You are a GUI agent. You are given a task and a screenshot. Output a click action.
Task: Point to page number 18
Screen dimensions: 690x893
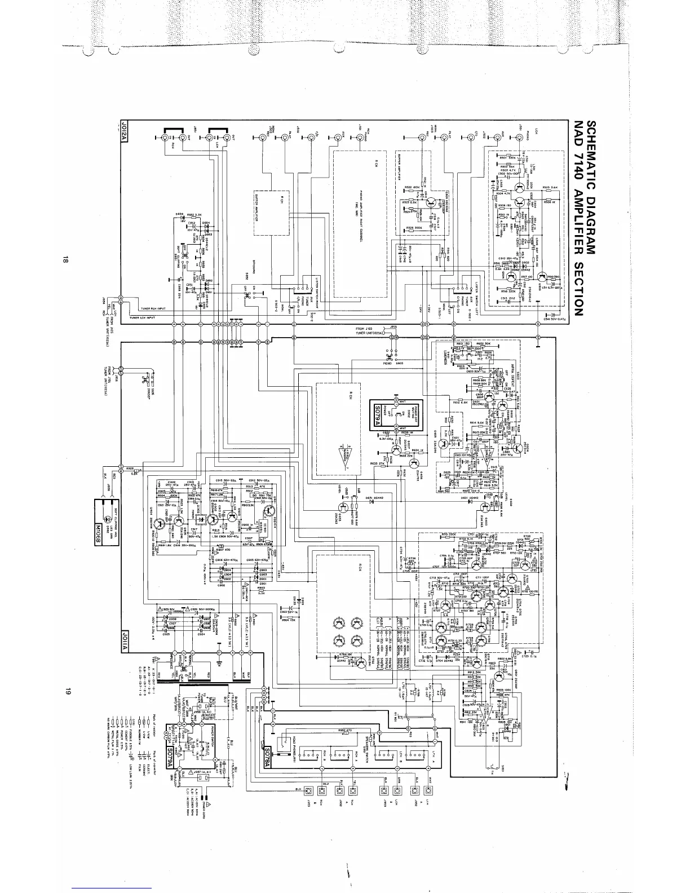coord(66,260)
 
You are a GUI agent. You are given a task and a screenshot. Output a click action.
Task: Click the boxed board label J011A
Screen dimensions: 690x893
coord(126,640)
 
